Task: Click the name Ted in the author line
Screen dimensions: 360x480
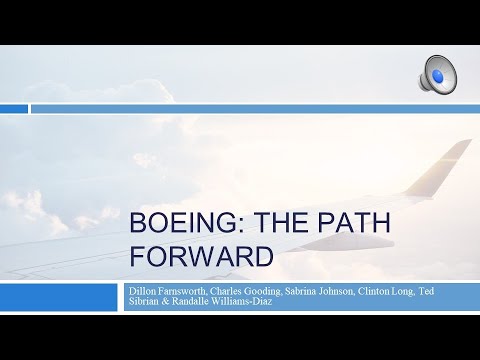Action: [x=470, y=290]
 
